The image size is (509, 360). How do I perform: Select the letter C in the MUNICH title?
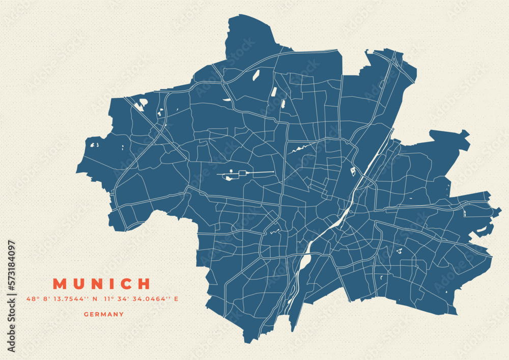pos(126,284)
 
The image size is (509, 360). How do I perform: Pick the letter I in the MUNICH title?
pos(112,284)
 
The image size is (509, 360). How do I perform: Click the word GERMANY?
pos(104,314)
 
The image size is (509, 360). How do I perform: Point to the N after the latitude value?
pos(95,299)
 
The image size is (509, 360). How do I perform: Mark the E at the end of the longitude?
pos(176,299)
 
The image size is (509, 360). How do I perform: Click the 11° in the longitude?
pos(108,299)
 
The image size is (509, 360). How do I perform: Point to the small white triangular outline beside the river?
pos(353,172)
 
